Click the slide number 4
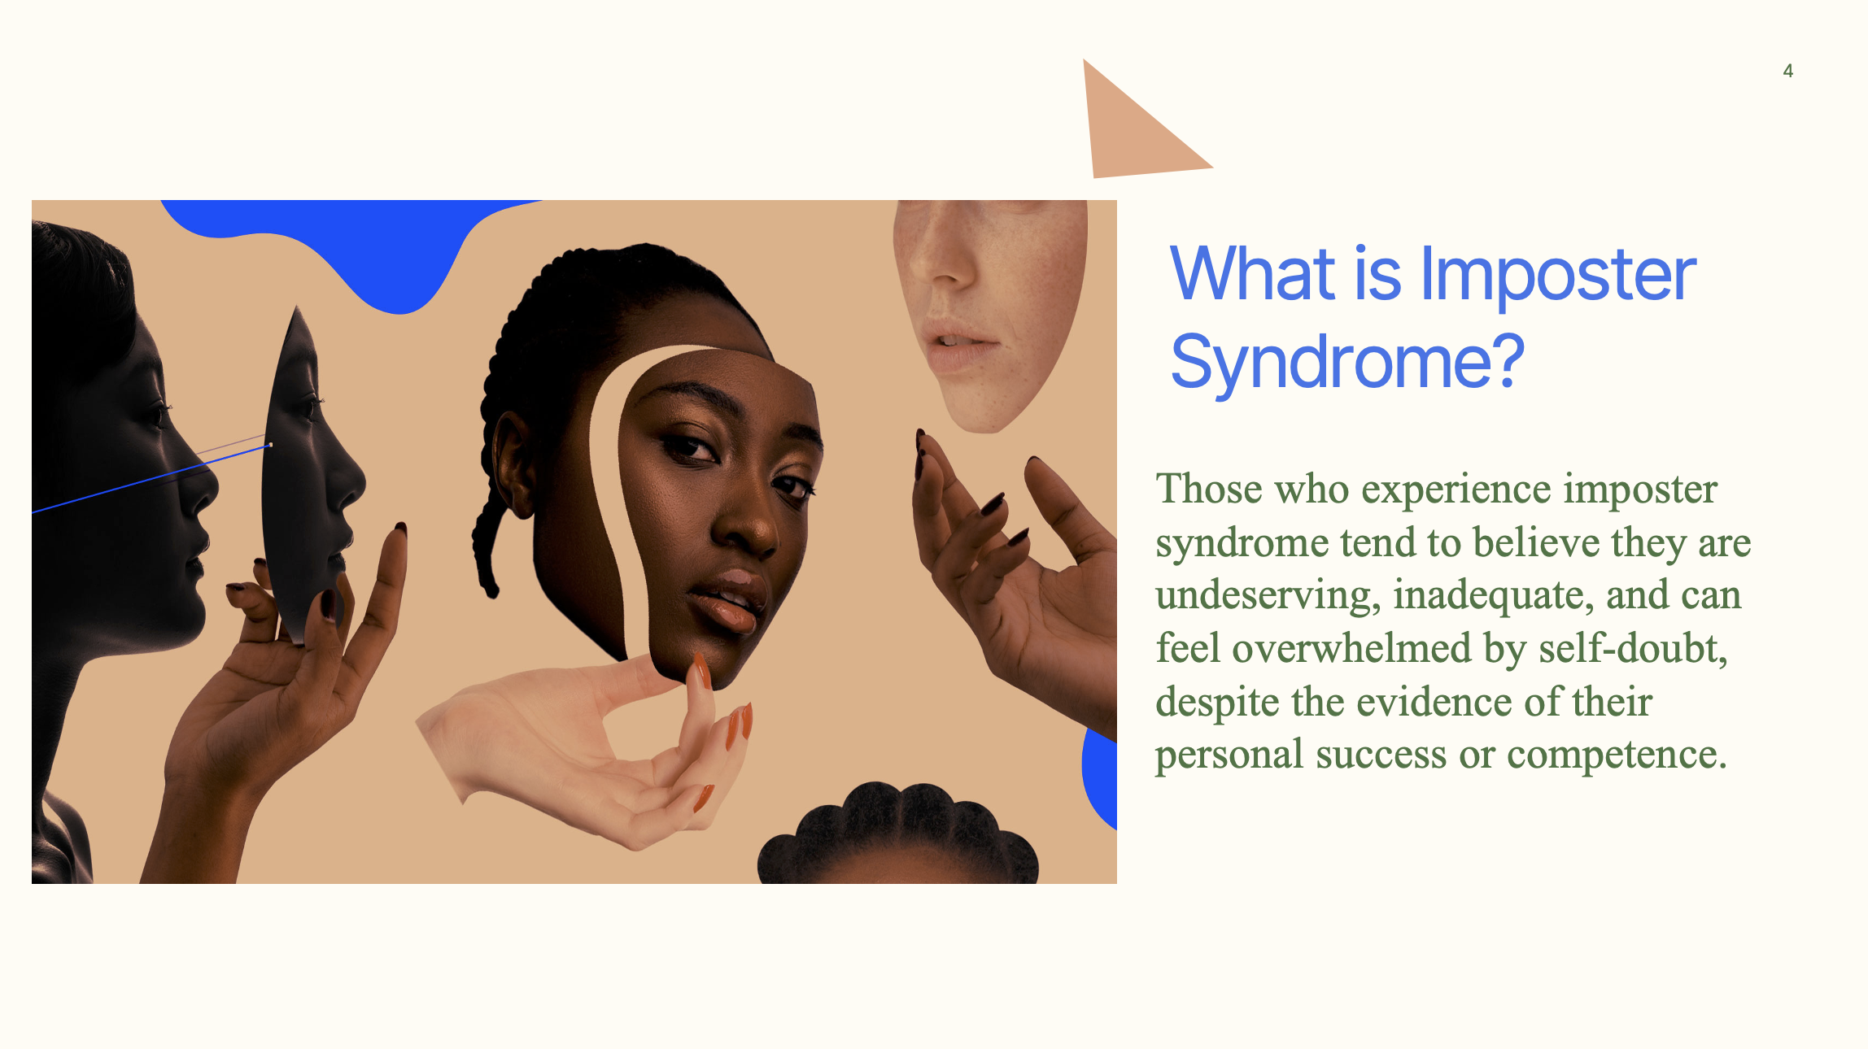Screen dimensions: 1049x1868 tap(1787, 72)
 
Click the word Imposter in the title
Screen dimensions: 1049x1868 tap(1557, 275)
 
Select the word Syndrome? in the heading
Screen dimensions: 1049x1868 tap(1347, 362)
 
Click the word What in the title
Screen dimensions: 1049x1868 tap(1252, 275)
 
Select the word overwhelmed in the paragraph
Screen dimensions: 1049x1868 tap(1351, 649)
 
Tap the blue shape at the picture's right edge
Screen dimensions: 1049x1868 tap(1100, 777)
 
